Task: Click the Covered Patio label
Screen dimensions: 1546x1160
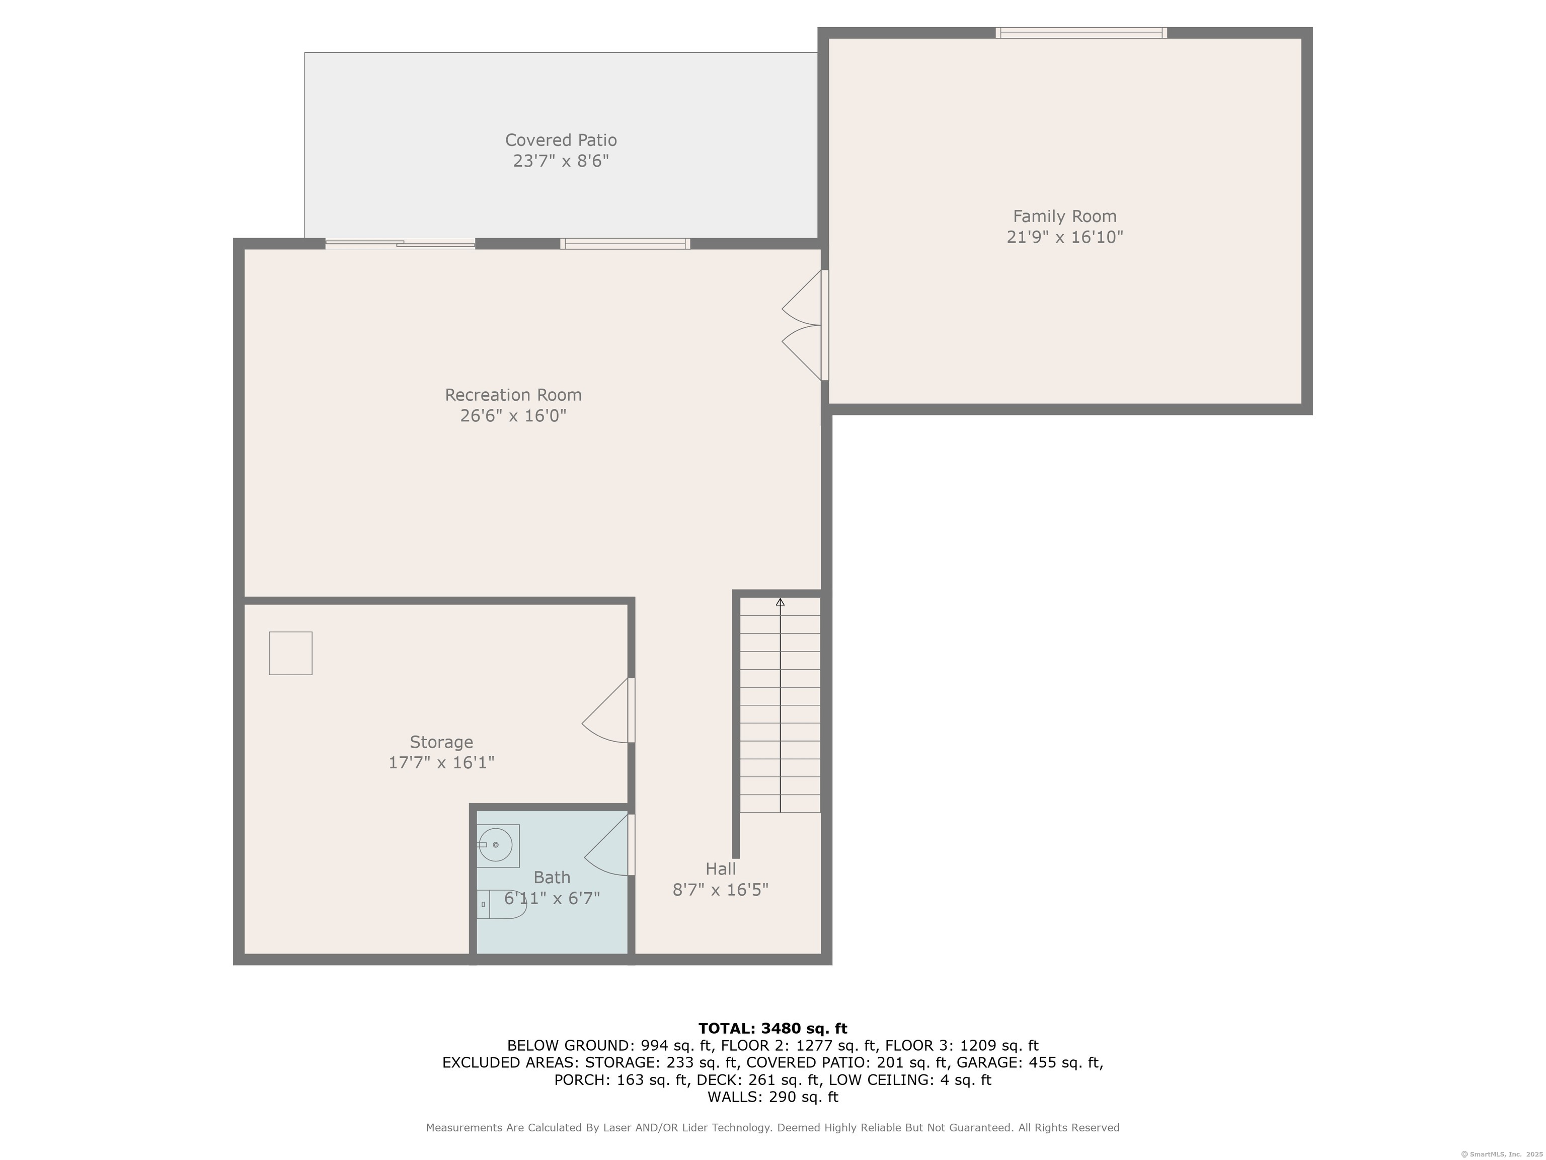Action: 561,140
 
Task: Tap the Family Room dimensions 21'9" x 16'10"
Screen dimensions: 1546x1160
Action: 1064,237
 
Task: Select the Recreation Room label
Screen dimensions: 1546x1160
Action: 513,395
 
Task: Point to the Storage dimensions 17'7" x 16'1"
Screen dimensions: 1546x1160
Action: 441,762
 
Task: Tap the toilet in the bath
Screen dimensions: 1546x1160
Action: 502,904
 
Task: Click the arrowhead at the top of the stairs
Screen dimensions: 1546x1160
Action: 780,602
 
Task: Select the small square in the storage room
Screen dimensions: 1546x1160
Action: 291,653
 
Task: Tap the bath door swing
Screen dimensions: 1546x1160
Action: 608,845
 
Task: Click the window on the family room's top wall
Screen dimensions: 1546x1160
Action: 1081,32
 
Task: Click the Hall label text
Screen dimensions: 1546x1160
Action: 721,869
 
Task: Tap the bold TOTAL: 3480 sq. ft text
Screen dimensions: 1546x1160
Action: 772,1028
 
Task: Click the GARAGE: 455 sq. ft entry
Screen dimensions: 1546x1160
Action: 1030,1062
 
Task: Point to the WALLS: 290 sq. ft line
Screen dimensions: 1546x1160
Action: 772,1097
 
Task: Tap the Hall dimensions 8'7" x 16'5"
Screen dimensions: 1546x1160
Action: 721,890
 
